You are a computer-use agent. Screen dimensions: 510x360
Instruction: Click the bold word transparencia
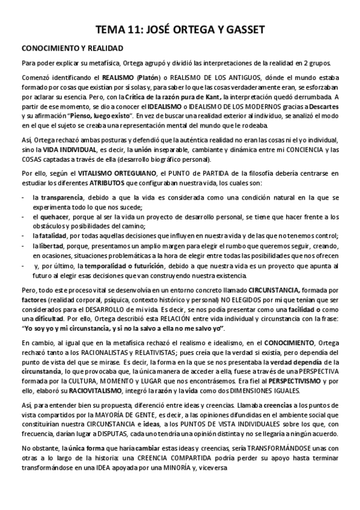pos(58,197)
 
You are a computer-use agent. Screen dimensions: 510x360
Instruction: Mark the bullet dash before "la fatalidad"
pos(22,235)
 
